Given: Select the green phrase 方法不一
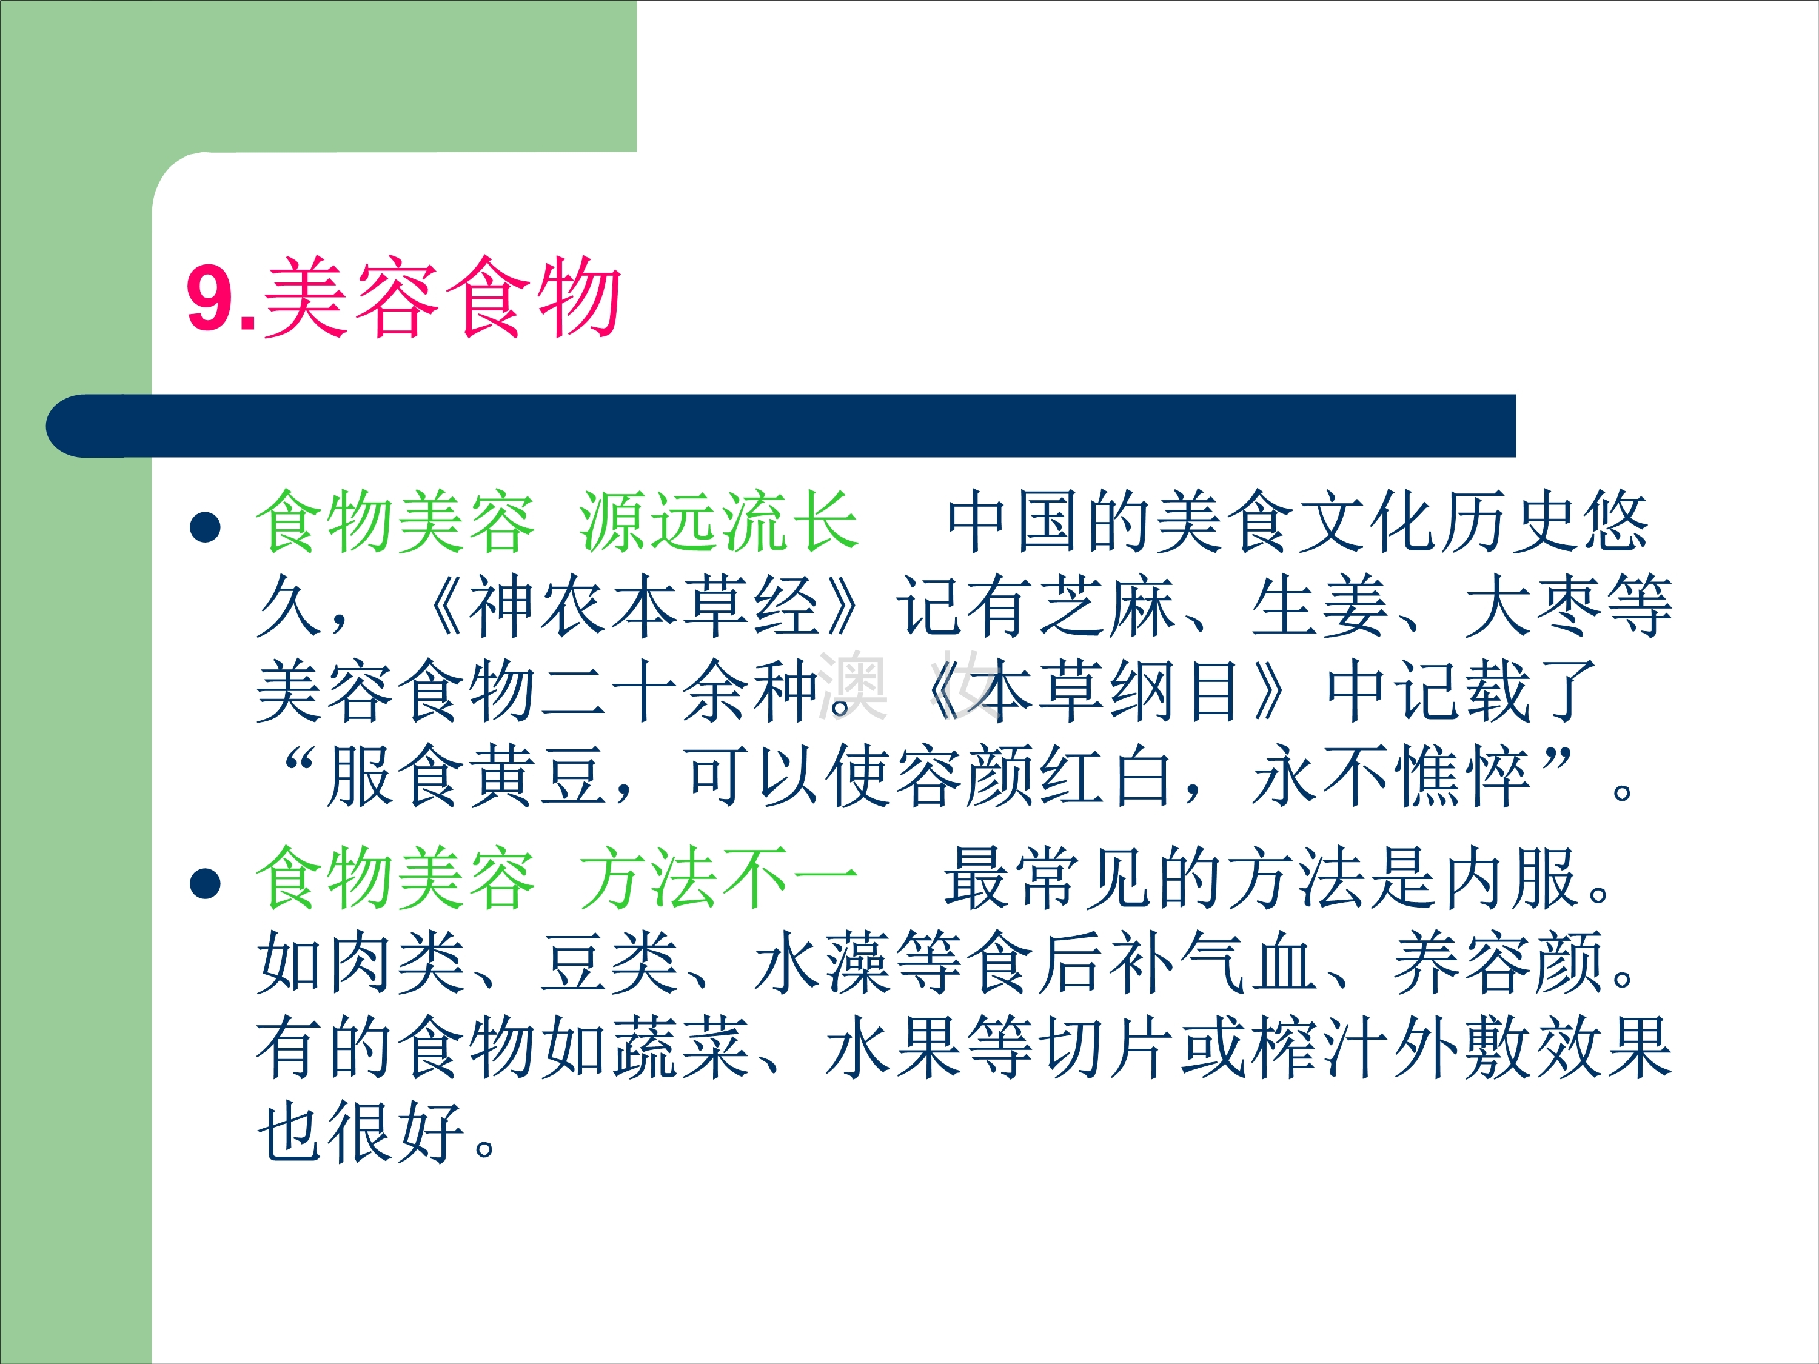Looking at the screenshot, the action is tap(719, 879).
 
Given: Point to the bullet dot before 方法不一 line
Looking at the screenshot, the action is tap(205, 884).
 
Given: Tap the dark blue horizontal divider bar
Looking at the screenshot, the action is tap(780, 426).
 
